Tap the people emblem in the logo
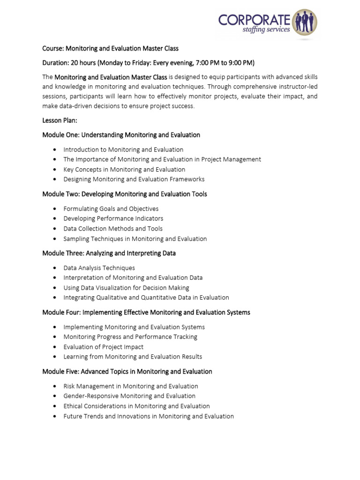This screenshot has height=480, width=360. (305, 22)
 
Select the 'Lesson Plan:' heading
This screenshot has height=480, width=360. (60, 120)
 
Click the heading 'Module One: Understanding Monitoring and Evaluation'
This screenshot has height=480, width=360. (121, 135)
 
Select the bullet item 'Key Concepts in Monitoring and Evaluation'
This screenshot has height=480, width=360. (124, 169)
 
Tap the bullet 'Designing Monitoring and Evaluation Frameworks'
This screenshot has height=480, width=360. (134, 179)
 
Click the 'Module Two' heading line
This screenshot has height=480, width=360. (124, 194)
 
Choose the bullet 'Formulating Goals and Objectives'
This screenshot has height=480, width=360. (111, 209)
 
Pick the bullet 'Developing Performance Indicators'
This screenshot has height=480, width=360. (113, 218)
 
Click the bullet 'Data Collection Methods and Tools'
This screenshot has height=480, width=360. (113, 229)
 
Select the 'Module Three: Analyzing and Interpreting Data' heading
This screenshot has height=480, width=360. (109, 253)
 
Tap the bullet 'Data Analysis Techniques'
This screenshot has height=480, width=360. (99, 268)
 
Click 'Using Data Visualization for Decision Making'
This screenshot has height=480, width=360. (126, 288)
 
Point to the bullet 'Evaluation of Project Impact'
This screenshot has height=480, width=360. (103, 347)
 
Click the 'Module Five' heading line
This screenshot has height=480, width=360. (127, 372)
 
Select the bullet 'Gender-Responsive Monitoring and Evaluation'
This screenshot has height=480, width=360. (129, 396)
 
